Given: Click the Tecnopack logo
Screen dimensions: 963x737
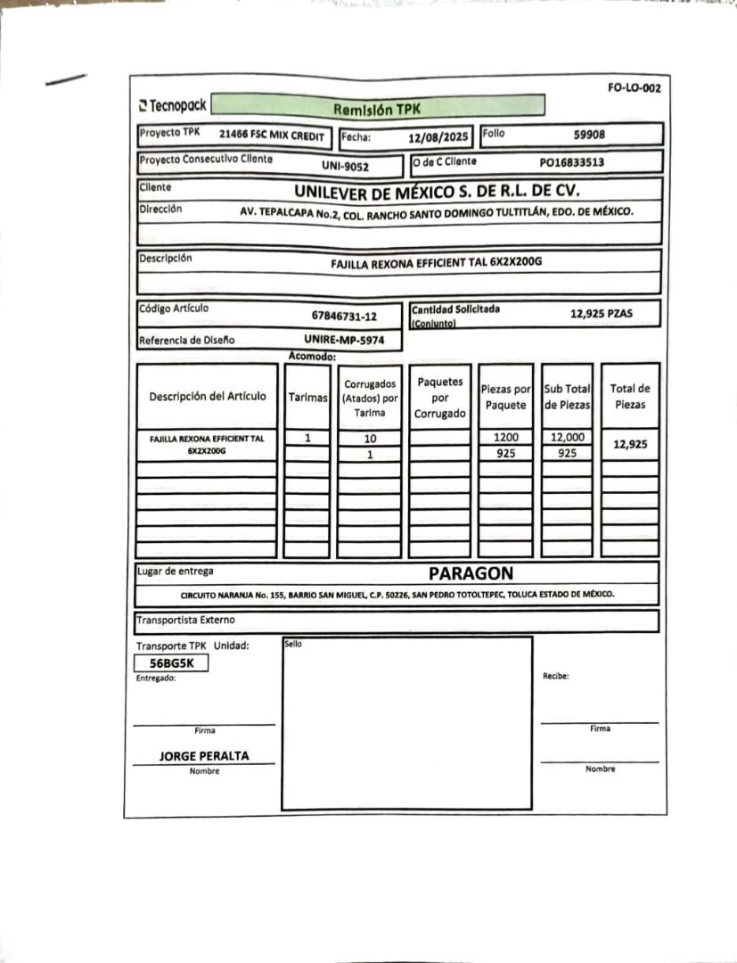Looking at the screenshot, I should click(172, 105).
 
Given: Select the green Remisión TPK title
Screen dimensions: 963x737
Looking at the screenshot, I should click(376, 109).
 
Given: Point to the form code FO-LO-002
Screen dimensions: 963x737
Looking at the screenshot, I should click(634, 88).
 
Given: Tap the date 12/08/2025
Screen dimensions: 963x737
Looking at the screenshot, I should click(438, 138).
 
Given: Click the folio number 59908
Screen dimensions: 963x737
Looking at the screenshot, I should click(590, 135).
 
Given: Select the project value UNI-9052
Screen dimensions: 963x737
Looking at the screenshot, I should click(345, 165).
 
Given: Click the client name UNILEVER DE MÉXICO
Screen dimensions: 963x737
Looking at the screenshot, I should click(437, 190).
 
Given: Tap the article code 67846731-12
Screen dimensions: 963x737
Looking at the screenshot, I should click(344, 316).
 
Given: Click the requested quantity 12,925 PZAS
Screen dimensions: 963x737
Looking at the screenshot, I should click(601, 314).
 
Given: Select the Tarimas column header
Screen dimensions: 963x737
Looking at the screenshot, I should click(308, 398).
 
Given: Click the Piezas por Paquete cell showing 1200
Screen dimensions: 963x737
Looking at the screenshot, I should click(505, 438).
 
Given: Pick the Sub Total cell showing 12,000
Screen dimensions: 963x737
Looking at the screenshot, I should click(567, 438).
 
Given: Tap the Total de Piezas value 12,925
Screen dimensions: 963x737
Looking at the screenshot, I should click(630, 444).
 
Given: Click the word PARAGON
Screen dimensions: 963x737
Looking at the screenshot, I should click(471, 572).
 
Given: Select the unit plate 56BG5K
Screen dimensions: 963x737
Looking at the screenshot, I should click(171, 663).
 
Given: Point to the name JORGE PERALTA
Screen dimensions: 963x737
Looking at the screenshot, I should click(204, 756).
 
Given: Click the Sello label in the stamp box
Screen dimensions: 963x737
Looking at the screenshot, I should click(293, 643).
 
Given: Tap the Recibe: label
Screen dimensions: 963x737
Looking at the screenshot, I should click(555, 676).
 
